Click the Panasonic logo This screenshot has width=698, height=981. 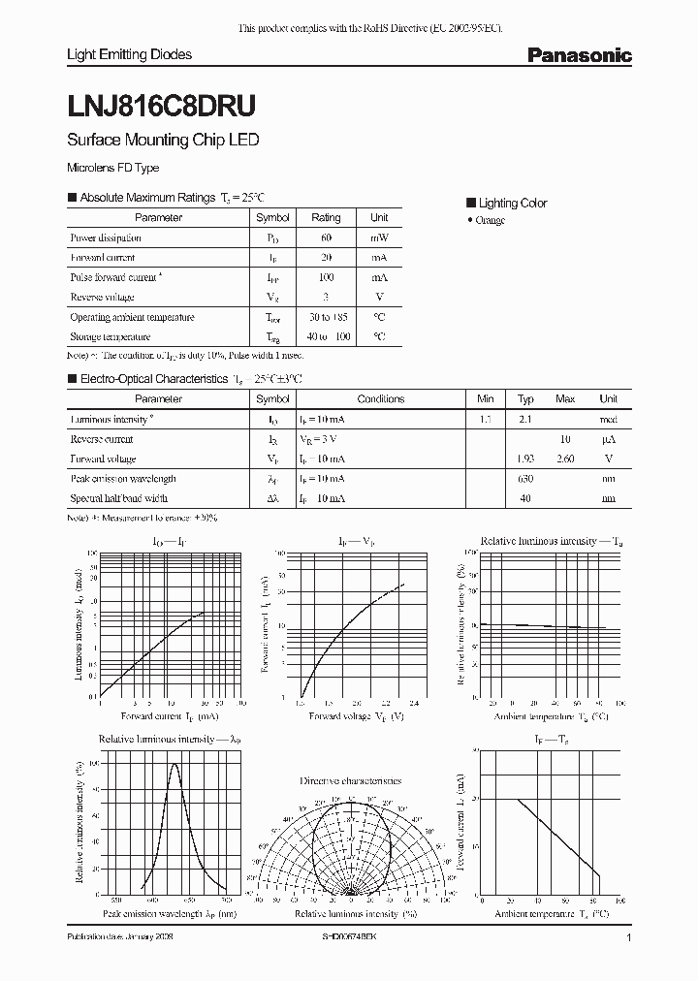pos(579,56)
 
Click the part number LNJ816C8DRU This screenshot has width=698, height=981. pos(161,103)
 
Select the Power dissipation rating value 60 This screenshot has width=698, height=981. pos(326,237)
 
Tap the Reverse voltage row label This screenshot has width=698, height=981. pos(102,298)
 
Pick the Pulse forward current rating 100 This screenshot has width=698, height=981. pos(326,277)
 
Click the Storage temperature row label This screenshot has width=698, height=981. pos(110,337)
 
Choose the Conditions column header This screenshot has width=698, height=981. pos(380,398)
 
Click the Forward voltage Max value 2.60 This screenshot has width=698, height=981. pos(565,459)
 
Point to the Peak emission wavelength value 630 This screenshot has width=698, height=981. pos(525,479)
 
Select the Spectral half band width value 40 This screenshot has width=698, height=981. pos(525,498)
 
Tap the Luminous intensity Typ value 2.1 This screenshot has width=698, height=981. pos(525,419)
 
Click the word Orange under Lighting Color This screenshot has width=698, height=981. pos(491,221)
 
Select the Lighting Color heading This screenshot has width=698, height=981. pos(512,204)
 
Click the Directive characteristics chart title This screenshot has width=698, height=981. pos(350,780)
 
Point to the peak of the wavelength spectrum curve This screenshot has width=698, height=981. pos(174,764)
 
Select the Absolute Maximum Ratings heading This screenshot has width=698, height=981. pos(147,197)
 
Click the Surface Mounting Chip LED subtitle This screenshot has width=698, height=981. pos(162,140)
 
